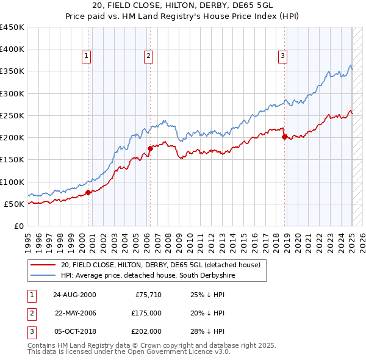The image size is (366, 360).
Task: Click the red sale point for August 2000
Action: (x=88, y=192)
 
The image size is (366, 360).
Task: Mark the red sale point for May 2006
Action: (x=150, y=148)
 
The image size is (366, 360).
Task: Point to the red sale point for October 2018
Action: (x=284, y=137)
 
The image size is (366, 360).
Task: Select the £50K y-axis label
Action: (x=14, y=204)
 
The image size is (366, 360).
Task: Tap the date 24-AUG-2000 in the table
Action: (x=75, y=295)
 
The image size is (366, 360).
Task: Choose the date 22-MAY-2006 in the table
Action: (x=75, y=313)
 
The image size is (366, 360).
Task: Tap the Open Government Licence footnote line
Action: (x=129, y=352)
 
